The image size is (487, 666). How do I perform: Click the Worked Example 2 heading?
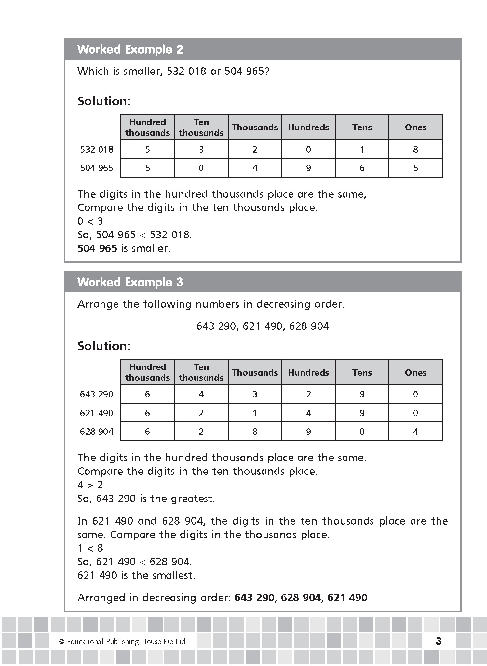click(x=130, y=49)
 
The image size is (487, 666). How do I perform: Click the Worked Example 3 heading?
click(x=130, y=282)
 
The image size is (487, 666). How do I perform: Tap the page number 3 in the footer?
click(x=439, y=641)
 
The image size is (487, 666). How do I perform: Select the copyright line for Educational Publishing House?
click(x=122, y=641)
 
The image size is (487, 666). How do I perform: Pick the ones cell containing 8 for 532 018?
click(x=415, y=149)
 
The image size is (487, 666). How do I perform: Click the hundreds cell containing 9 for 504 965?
click(x=308, y=168)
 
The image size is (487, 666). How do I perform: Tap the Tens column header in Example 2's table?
click(x=362, y=127)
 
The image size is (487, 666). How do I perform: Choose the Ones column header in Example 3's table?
click(x=415, y=372)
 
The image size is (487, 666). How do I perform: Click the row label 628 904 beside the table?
click(x=97, y=432)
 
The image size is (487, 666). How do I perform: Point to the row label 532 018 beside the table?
click(x=97, y=149)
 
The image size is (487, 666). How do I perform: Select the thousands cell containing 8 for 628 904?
click(x=255, y=432)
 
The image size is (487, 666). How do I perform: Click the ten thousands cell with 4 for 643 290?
click(x=201, y=394)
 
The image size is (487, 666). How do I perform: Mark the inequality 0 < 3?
click(x=90, y=221)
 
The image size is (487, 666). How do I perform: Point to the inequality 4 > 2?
click(x=90, y=485)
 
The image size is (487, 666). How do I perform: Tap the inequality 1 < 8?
click(x=90, y=548)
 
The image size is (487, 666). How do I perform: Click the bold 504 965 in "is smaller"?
click(x=97, y=248)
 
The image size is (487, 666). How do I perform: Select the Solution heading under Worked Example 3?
click(x=104, y=346)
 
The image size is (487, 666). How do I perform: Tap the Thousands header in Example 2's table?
click(x=255, y=127)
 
